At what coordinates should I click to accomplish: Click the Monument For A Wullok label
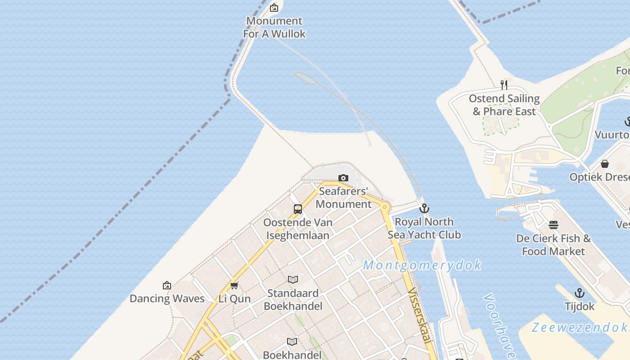coord(274,27)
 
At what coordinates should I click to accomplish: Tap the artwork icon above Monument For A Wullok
coord(274,8)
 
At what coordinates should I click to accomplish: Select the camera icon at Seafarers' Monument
coord(343,178)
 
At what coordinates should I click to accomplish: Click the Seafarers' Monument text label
coord(343,198)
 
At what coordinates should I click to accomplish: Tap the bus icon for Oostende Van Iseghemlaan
coord(297,209)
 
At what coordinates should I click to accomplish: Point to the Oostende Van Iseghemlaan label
coord(297,229)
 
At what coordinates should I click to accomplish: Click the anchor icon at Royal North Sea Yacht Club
coord(424,208)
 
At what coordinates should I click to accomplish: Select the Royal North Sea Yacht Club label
coord(424,228)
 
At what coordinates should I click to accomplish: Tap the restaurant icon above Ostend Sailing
coord(504,85)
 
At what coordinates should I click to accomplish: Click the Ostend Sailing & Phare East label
coord(504,105)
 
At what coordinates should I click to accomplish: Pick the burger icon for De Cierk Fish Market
coord(553,225)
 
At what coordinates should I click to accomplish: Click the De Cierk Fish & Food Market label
coord(553,245)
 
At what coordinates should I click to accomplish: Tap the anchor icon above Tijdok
coord(580,293)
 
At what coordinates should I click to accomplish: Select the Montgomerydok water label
coord(422,265)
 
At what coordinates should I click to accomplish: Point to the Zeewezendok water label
coord(579,327)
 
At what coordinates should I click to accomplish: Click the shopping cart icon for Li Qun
coord(234,285)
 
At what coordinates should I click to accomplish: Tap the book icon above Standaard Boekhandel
coord(293,280)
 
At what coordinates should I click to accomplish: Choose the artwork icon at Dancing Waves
coord(167,285)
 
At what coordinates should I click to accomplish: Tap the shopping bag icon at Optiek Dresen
coord(605,163)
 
